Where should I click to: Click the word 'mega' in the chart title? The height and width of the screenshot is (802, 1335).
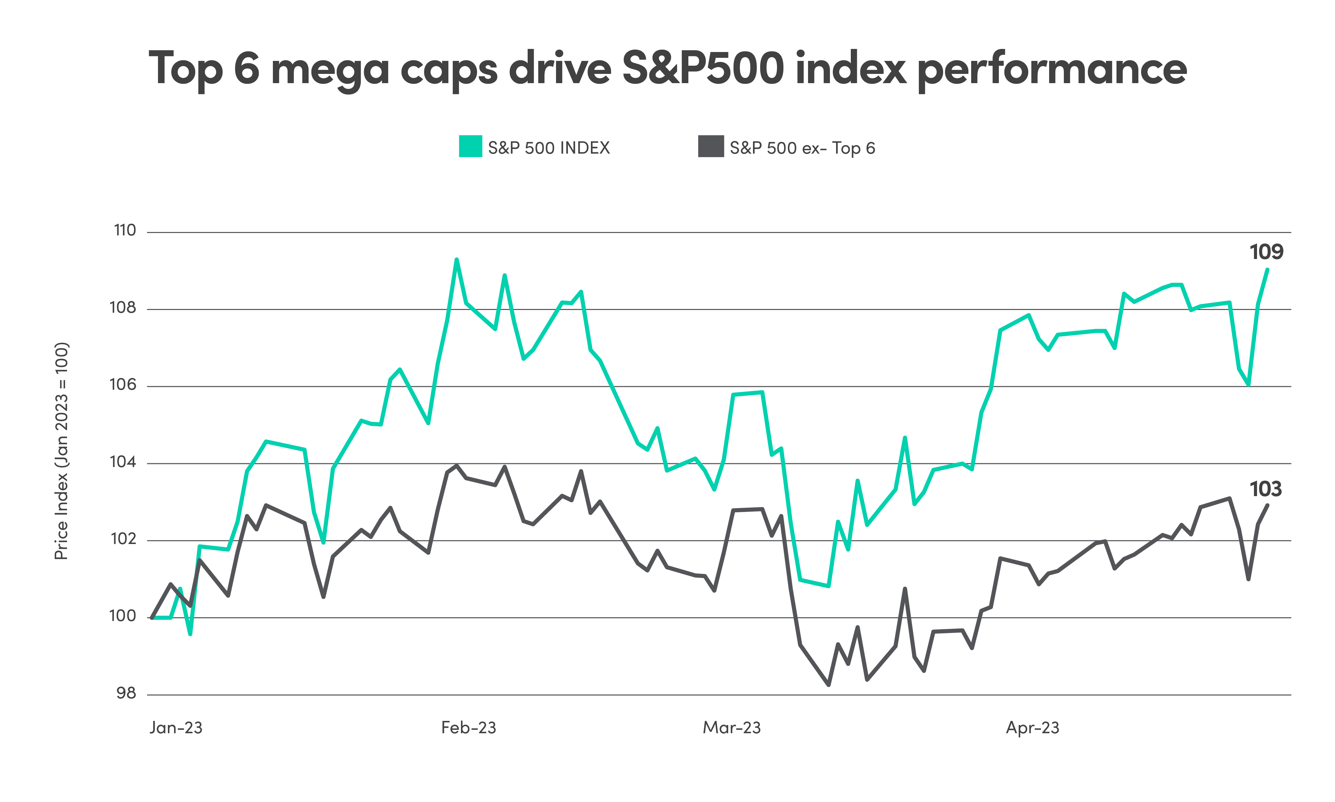pyautogui.click(x=329, y=69)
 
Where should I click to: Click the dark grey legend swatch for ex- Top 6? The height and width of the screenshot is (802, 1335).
pyautogui.click(x=710, y=146)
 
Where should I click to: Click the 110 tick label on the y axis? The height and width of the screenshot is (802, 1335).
pyautogui.click(x=125, y=231)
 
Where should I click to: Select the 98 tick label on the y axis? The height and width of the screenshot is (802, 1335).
pyautogui.click(x=126, y=694)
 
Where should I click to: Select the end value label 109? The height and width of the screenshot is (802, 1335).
pyautogui.click(x=1266, y=252)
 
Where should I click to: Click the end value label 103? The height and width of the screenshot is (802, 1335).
pyautogui.click(x=1265, y=489)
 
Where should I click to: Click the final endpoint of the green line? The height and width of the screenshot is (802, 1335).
pyautogui.click(x=1268, y=269)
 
